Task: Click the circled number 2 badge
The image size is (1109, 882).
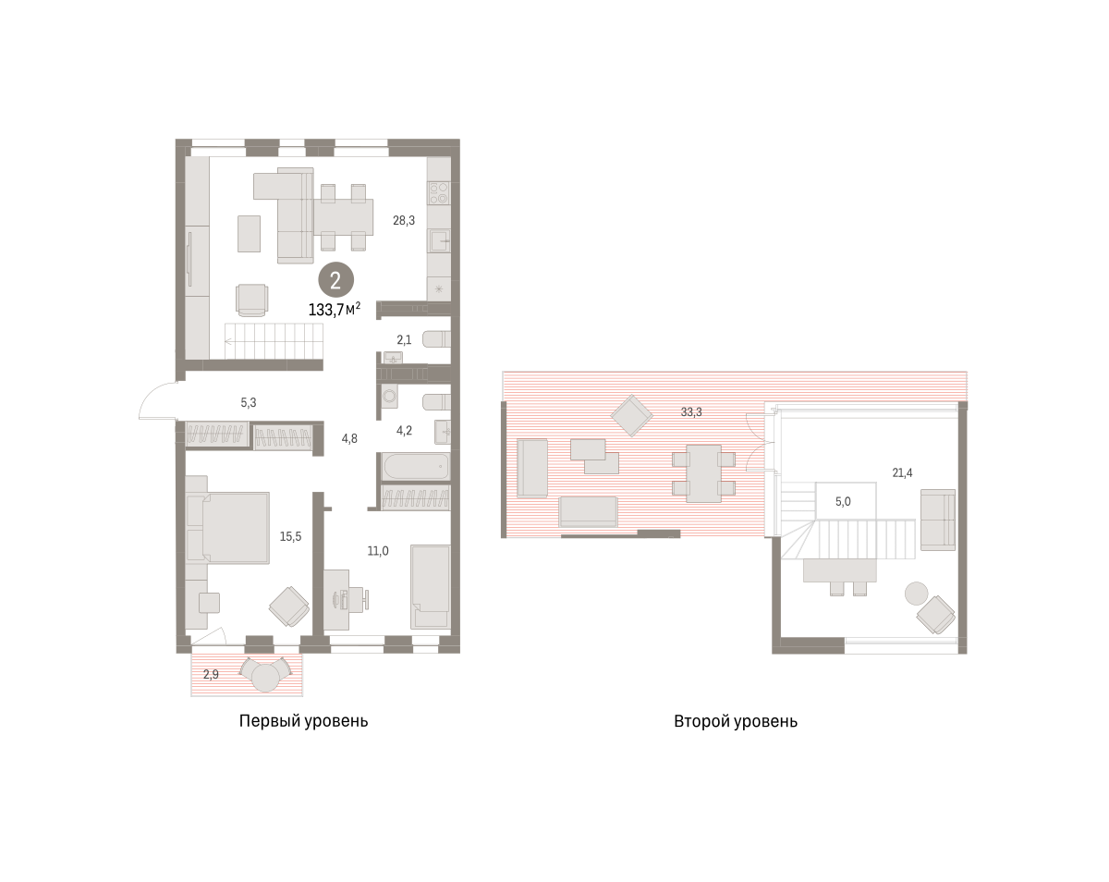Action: click(x=335, y=280)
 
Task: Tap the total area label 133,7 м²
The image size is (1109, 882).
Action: click(x=334, y=310)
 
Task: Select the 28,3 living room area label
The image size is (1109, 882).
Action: click(x=404, y=221)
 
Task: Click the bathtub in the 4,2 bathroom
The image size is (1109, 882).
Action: click(x=415, y=467)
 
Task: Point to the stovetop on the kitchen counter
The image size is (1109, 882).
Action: click(x=439, y=193)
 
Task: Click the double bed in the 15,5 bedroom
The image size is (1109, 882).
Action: click(x=235, y=527)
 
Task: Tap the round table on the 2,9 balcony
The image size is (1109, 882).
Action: click(x=265, y=678)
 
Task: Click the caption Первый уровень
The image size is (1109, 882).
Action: click(x=303, y=720)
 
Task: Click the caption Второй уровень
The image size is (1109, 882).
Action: click(x=736, y=720)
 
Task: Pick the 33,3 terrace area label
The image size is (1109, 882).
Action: click(x=691, y=411)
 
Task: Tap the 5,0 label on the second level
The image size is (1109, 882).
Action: click(x=843, y=502)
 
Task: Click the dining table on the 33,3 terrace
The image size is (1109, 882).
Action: click(x=703, y=473)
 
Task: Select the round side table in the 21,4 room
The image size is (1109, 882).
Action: click(x=916, y=593)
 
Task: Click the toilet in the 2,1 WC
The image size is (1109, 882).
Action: click(x=436, y=339)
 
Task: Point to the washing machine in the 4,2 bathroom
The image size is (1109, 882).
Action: click(x=390, y=396)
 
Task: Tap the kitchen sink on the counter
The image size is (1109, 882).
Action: click(x=439, y=240)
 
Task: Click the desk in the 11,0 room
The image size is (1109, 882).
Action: click(x=336, y=599)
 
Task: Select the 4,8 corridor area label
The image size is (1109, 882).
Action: click(x=349, y=438)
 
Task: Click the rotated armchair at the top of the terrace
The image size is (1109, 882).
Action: click(x=632, y=415)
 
